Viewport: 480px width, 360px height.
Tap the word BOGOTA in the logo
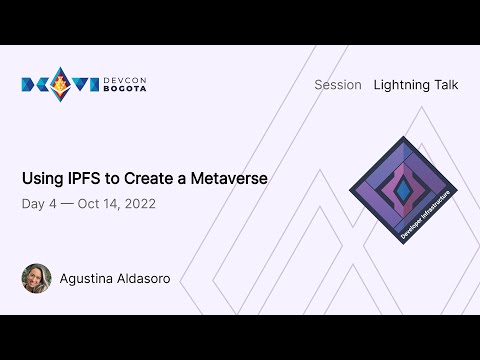[124, 90]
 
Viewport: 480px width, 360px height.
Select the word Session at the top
[337, 85]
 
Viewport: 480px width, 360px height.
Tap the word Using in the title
[41, 179]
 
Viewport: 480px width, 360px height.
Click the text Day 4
[39, 204]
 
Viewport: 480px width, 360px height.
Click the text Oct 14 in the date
[96, 204]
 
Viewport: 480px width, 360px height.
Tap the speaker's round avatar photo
[36, 278]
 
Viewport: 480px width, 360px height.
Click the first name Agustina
[90, 278]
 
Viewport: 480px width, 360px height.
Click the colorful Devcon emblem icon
[60, 84]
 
